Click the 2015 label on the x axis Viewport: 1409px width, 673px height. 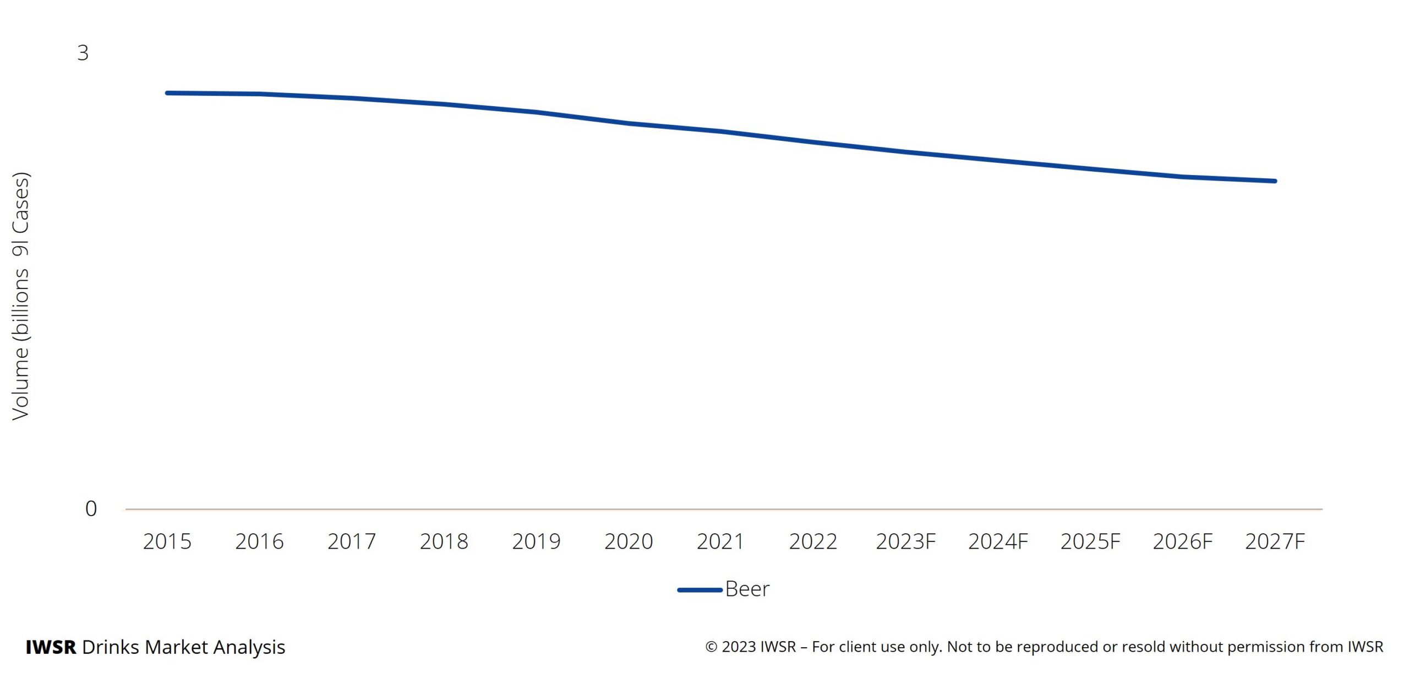tap(167, 541)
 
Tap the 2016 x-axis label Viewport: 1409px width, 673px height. tap(259, 541)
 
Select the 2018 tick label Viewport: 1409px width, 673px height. tap(444, 541)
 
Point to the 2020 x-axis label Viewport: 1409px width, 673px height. tap(629, 541)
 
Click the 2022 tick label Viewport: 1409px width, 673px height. tap(813, 541)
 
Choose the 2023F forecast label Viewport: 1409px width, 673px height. tap(905, 541)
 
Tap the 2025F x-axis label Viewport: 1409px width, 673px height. tap(1090, 541)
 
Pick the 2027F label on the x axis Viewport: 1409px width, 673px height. tap(1275, 541)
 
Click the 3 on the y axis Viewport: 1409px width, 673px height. tap(83, 53)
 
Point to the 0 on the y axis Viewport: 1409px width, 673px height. tap(91, 508)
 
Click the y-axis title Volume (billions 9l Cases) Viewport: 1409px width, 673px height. tap(21, 297)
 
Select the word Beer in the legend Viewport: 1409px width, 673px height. tap(747, 589)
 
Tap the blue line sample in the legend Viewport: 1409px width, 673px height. tap(700, 589)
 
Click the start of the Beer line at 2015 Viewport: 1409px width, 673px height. tap(168, 93)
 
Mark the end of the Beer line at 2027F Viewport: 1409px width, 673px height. tap(1275, 180)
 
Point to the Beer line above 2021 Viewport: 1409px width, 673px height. tap(721, 132)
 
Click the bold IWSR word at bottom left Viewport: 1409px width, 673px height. tap(51, 647)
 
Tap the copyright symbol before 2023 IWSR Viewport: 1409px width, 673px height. tap(711, 647)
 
